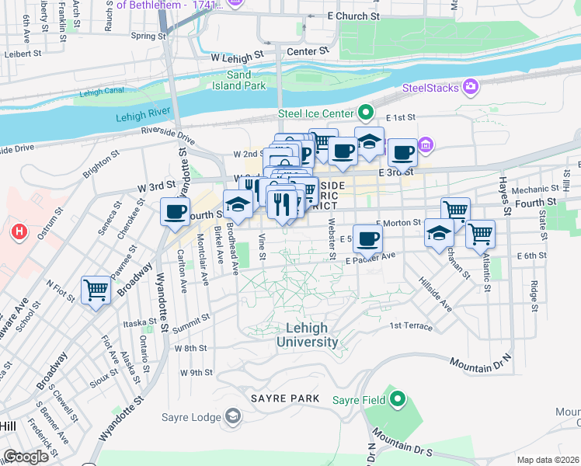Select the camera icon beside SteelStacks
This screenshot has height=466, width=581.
[470, 85]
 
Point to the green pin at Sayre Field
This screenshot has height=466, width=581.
[398, 399]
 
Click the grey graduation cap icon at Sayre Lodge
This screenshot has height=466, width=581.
[232, 417]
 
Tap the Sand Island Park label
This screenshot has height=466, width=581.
[246, 80]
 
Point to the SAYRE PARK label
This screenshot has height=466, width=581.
[285, 398]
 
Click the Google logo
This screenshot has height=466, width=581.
[26, 457]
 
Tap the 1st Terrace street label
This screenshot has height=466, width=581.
[411, 325]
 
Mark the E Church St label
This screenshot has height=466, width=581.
[353, 16]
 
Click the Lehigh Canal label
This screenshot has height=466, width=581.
[102, 92]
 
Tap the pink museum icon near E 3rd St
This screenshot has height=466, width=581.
[425, 145]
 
